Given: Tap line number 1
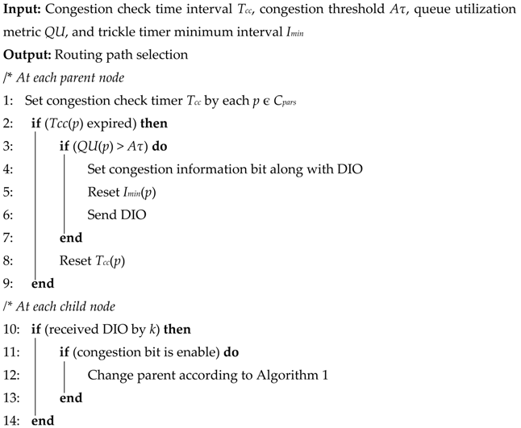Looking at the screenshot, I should (x=8, y=102).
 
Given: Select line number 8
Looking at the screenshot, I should (x=8, y=260).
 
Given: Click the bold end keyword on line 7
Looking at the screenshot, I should (x=70, y=239).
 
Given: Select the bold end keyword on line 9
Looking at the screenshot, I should (x=43, y=284).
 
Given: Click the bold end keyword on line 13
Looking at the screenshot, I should (x=70, y=397).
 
